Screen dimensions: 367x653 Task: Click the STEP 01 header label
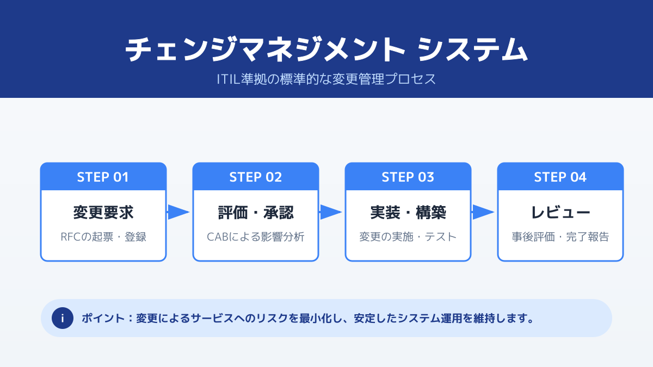(103, 177)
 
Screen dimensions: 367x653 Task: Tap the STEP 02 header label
(255, 177)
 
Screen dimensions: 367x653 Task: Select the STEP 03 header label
(408, 177)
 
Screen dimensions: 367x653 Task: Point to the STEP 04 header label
(560, 177)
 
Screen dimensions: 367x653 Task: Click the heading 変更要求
(103, 212)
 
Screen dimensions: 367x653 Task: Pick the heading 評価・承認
(255, 212)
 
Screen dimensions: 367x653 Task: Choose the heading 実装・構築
(408, 212)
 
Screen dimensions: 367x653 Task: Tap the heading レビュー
(560, 212)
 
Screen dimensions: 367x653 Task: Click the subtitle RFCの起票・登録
(103, 237)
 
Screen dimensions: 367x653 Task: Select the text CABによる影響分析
(255, 237)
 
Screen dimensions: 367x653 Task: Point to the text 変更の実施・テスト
(408, 237)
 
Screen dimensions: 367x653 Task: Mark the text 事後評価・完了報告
(560, 237)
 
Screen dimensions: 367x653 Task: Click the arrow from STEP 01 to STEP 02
(178, 212)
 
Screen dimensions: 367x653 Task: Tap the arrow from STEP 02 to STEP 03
(330, 212)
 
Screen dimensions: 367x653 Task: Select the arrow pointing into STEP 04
(483, 212)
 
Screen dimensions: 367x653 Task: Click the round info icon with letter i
(63, 318)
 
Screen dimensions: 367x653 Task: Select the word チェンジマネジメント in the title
(266, 50)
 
